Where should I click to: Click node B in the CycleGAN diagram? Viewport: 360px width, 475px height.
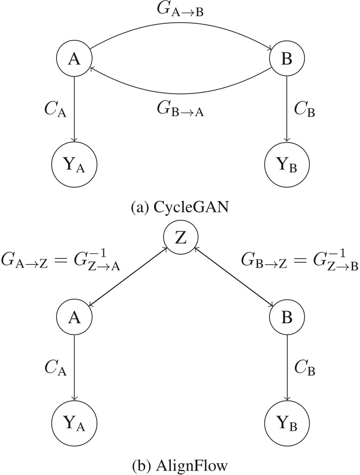[286, 60]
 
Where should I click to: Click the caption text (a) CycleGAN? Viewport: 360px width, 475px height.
[180, 206]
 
